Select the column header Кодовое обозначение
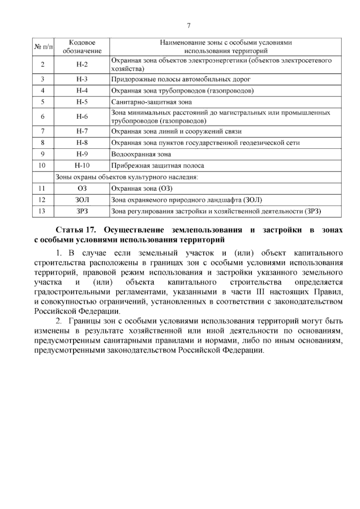pyautogui.click(x=82, y=47)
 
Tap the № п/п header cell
pyautogui.click(x=43, y=47)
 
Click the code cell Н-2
pyautogui.click(x=82, y=65)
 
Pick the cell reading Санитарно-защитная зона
pyautogui.click(x=151, y=102)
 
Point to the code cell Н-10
pyautogui.click(x=82, y=165)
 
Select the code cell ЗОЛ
pyautogui.click(x=82, y=200)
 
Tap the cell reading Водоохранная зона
pyautogui.click(x=141, y=154)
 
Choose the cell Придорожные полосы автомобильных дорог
pyautogui.click(x=181, y=80)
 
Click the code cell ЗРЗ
pyautogui.click(x=82, y=211)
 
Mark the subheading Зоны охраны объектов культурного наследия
pyautogui.click(x=127, y=177)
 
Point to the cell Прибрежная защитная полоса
pyautogui.click(x=157, y=166)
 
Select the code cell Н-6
pyautogui.click(x=82, y=117)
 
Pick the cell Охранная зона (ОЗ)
pyautogui.click(x=142, y=188)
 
